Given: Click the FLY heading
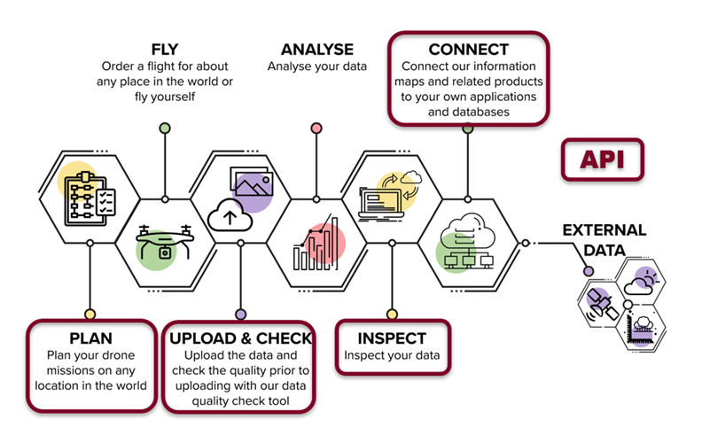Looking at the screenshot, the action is (165, 50).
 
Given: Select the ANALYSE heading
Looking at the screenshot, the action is (317, 50).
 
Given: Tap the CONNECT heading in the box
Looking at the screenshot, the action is (468, 50).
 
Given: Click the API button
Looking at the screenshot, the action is (602, 159).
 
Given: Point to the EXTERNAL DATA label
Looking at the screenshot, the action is (604, 240).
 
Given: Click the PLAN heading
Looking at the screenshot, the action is (91, 338).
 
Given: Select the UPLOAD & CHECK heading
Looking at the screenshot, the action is (240, 338).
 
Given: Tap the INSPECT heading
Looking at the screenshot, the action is (392, 338).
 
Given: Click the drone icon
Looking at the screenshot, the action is (165, 243).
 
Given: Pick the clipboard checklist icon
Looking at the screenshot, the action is (90, 198).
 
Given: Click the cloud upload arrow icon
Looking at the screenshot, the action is (230, 215).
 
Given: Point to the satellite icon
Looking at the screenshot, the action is (602, 306).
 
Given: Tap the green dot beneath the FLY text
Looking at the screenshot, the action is (165, 128).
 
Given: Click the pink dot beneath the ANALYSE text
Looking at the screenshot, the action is (316, 128).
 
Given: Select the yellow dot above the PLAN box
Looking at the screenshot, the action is (90, 314).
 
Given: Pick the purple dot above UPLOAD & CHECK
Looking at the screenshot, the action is (241, 314).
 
